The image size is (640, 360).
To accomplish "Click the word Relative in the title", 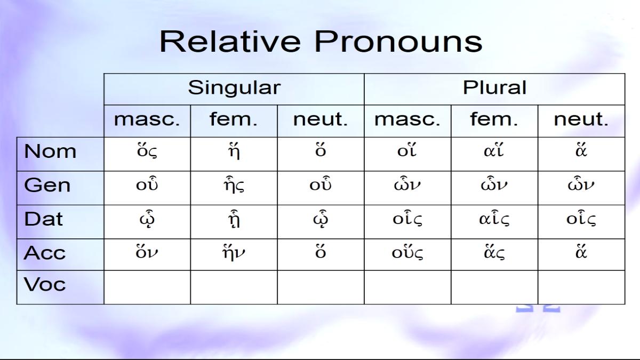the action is (230, 42).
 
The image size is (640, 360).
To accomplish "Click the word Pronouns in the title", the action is (398, 42).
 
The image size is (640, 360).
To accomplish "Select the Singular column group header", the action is (234, 87).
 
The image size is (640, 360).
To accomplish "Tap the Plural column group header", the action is (494, 87).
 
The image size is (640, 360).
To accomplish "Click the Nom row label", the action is (50, 151).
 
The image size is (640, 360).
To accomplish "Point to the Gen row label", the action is (47, 185).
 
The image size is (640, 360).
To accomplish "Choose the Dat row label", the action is (43, 219).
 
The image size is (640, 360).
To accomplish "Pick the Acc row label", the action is (45, 253).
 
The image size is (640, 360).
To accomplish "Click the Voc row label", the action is (45, 284).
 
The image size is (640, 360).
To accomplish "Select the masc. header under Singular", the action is (147, 119).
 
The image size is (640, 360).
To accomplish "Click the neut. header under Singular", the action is (321, 119).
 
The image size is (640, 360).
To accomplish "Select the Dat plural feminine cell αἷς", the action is (494, 219).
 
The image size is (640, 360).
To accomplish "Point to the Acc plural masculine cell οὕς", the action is (407, 253).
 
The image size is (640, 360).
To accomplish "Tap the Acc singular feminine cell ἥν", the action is (234, 253).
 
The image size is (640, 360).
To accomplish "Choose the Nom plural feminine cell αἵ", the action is (494, 150).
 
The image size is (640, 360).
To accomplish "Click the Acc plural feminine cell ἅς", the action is (494, 253).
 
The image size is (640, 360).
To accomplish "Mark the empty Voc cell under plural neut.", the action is (581, 287).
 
